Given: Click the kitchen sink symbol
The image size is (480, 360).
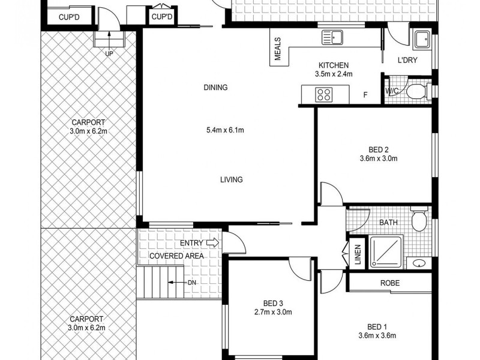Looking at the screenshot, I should tap(331, 38).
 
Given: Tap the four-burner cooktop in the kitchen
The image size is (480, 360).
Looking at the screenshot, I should tap(325, 94).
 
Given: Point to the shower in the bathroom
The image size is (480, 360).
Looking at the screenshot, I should tap(386, 251).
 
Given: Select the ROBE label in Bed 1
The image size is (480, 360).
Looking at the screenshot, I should tap(390, 283).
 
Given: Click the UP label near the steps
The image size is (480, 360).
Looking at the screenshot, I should tap(109, 53).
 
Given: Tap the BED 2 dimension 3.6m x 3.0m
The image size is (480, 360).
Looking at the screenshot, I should tap(378, 159).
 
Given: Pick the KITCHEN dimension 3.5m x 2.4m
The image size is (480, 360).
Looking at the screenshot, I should tap(333, 74).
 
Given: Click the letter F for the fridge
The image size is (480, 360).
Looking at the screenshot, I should tap(365, 95).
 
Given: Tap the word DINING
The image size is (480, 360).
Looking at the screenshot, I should tap(215, 88).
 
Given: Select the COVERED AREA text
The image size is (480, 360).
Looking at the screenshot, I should tap(176, 256).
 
